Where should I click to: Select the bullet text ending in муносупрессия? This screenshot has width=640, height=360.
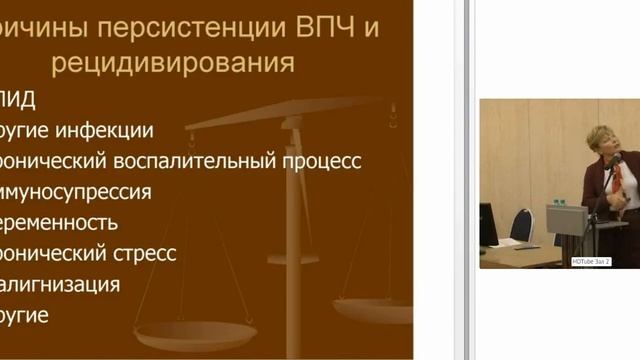[x=76, y=192]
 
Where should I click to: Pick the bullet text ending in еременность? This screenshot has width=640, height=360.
[x=59, y=223]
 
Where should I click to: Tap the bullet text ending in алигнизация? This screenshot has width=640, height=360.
[x=60, y=285]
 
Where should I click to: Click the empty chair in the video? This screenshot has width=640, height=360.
[x=522, y=224]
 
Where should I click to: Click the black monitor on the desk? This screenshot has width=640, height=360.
[x=488, y=225]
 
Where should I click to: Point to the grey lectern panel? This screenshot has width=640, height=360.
[x=566, y=219]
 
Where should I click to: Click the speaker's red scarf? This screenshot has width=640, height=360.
[x=619, y=179]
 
